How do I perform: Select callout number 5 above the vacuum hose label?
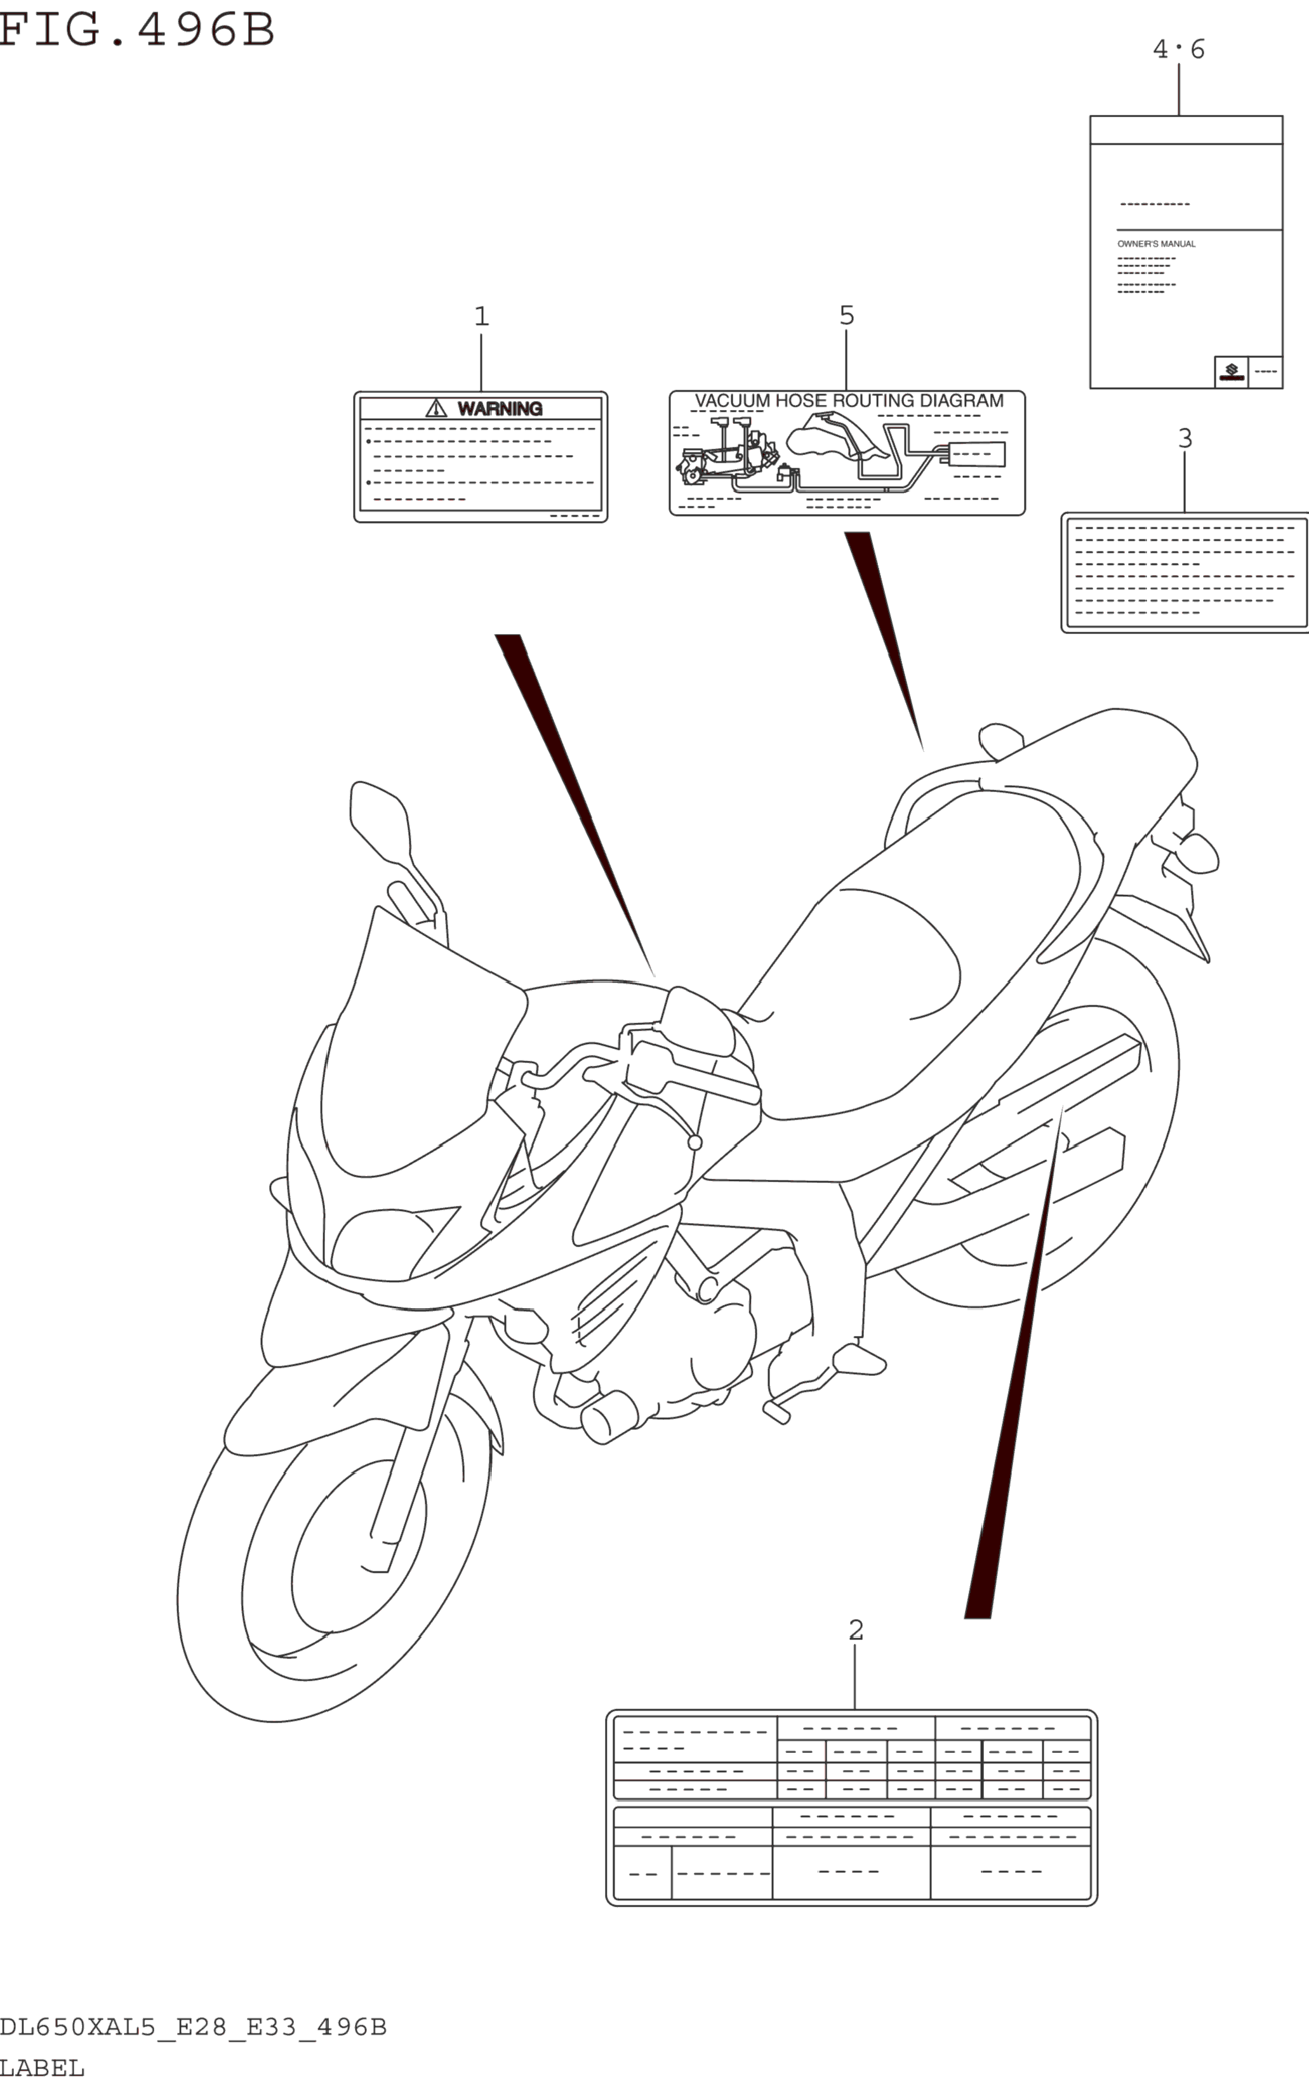[x=847, y=315]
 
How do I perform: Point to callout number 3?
[x=1185, y=439]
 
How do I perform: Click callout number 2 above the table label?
[x=856, y=1630]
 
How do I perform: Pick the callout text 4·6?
[x=1178, y=50]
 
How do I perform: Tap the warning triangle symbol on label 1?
[x=436, y=408]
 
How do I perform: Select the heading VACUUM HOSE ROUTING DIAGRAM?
[x=849, y=400]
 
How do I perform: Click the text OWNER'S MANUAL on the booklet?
[x=1156, y=244]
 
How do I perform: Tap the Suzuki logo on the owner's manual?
[x=1231, y=372]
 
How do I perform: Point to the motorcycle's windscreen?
[x=415, y=1038]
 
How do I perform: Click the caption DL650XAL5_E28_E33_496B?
[x=193, y=2027]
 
